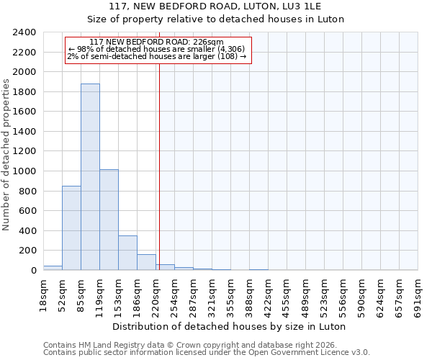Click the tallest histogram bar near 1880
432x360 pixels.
[90, 176]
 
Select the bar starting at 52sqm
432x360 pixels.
[71, 228]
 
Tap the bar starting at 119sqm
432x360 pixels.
[109, 220]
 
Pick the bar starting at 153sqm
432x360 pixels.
[127, 253]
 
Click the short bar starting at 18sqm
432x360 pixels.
[53, 268]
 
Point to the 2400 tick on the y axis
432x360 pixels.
[24, 32]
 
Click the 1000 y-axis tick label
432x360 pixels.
[24, 171]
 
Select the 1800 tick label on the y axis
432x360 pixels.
[24, 92]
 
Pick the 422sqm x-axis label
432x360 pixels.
[268, 294]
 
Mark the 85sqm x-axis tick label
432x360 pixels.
[81, 293]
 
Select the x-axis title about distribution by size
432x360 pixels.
[230, 326]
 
